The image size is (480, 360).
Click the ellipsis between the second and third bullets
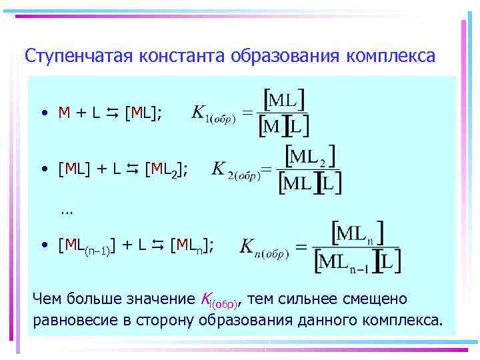65,211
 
